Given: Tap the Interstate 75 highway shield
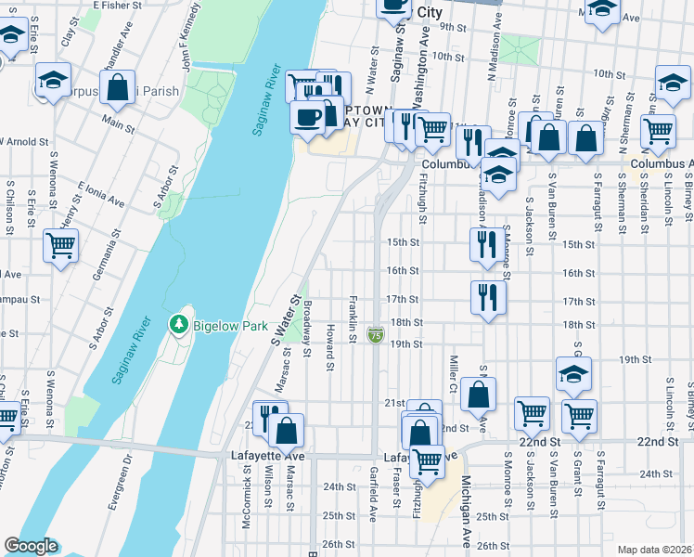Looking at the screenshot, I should coord(376,335).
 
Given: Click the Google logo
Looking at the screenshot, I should coord(31,546).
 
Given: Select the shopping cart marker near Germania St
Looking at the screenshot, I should coord(60,247).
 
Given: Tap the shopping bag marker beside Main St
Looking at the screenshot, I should coord(118,88).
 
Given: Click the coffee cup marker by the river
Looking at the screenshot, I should coord(307,117).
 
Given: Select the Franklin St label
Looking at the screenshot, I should coord(353,317).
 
